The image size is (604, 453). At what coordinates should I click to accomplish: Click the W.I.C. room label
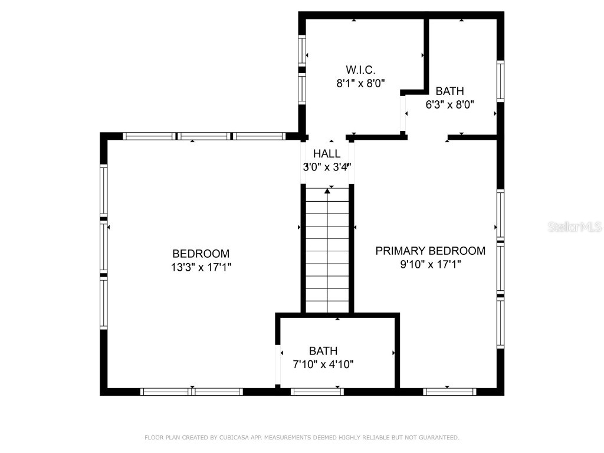point(360,70)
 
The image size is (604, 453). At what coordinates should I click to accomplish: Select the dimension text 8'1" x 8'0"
point(360,83)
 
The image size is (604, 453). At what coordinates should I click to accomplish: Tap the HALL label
point(327,154)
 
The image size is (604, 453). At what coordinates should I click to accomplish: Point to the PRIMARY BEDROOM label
point(431,251)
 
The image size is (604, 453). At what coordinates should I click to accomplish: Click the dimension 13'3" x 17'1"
point(201,267)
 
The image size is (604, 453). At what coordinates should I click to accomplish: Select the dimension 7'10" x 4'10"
point(323,364)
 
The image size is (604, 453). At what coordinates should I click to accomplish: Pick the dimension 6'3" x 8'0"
point(450,104)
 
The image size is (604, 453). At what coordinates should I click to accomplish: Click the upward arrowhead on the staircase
point(327,191)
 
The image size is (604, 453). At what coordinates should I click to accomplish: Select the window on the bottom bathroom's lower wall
point(317,391)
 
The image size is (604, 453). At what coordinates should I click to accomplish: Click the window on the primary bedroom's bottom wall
point(449,391)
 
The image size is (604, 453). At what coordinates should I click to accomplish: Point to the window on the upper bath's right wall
point(500,80)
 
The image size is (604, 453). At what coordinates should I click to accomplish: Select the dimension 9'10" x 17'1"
point(431,264)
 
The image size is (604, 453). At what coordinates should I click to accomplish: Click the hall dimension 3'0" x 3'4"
point(327,167)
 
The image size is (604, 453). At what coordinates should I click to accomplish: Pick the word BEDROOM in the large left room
point(201,254)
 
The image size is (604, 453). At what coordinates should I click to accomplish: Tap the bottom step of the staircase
point(327,306)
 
